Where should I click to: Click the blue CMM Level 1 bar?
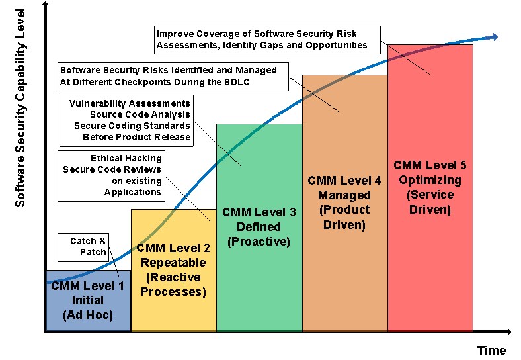[88, 301]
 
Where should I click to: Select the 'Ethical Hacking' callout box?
[111, 175]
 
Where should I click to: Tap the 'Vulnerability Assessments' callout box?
[126, 120]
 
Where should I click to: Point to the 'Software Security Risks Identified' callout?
[174, 76]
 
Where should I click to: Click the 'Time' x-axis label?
[492, 350]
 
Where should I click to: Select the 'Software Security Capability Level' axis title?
[20, 107]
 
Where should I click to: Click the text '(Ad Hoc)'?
[88, 315]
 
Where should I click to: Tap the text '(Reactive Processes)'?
[173, 285]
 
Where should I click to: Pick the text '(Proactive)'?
[259, 242]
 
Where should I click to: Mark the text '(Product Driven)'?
[344, 217]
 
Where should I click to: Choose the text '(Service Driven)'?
[430, 202]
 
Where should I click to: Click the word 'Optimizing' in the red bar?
[430, 179]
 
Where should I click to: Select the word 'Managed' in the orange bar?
[344, 195]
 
